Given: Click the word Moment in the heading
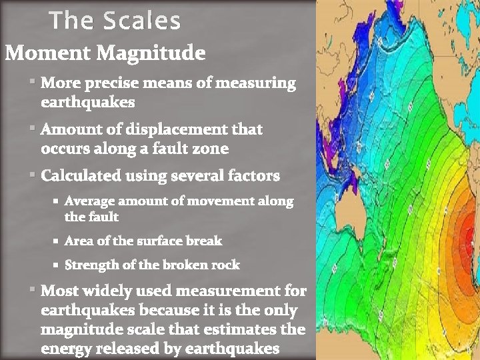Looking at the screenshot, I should coord(47,53).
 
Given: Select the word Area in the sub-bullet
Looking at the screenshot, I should coord(78,241).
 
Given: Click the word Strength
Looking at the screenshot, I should coord(92,265).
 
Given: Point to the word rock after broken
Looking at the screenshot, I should coord(225,265).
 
